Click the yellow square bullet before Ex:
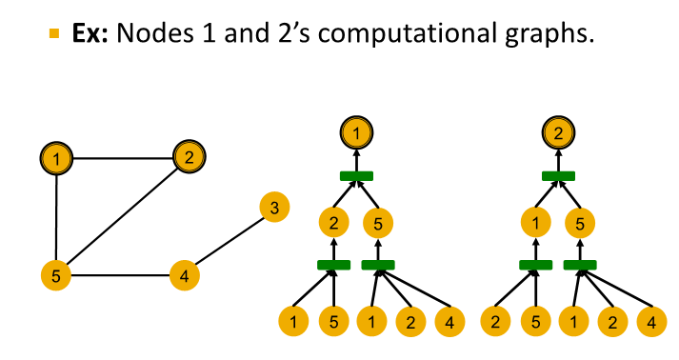[53, 34]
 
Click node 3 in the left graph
[274, 208]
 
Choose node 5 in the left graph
[56, 276]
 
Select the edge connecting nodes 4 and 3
[230, 242]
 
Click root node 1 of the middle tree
[356, 132]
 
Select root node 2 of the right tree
[558, 132]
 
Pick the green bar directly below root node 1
[356, 176]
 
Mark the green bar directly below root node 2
[558, 176]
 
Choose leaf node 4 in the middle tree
[449, 321]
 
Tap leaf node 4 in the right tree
[650, 321]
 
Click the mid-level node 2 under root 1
[333, 225]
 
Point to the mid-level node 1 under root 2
[535, 225]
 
